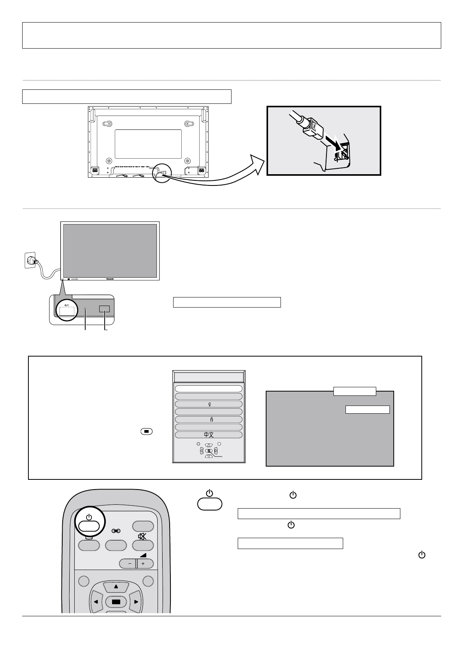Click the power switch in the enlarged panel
point(65,310)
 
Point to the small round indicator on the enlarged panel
point(86,310)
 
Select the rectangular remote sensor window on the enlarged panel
point(104,309)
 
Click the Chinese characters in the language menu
point(209,435)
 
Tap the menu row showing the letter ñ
point(209,420)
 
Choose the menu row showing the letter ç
point(209,404)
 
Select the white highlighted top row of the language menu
point(209,388)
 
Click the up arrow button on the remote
point(116,586)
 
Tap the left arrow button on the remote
point(96,602)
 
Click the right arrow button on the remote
point(136,602)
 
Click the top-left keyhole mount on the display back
point(108,124)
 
